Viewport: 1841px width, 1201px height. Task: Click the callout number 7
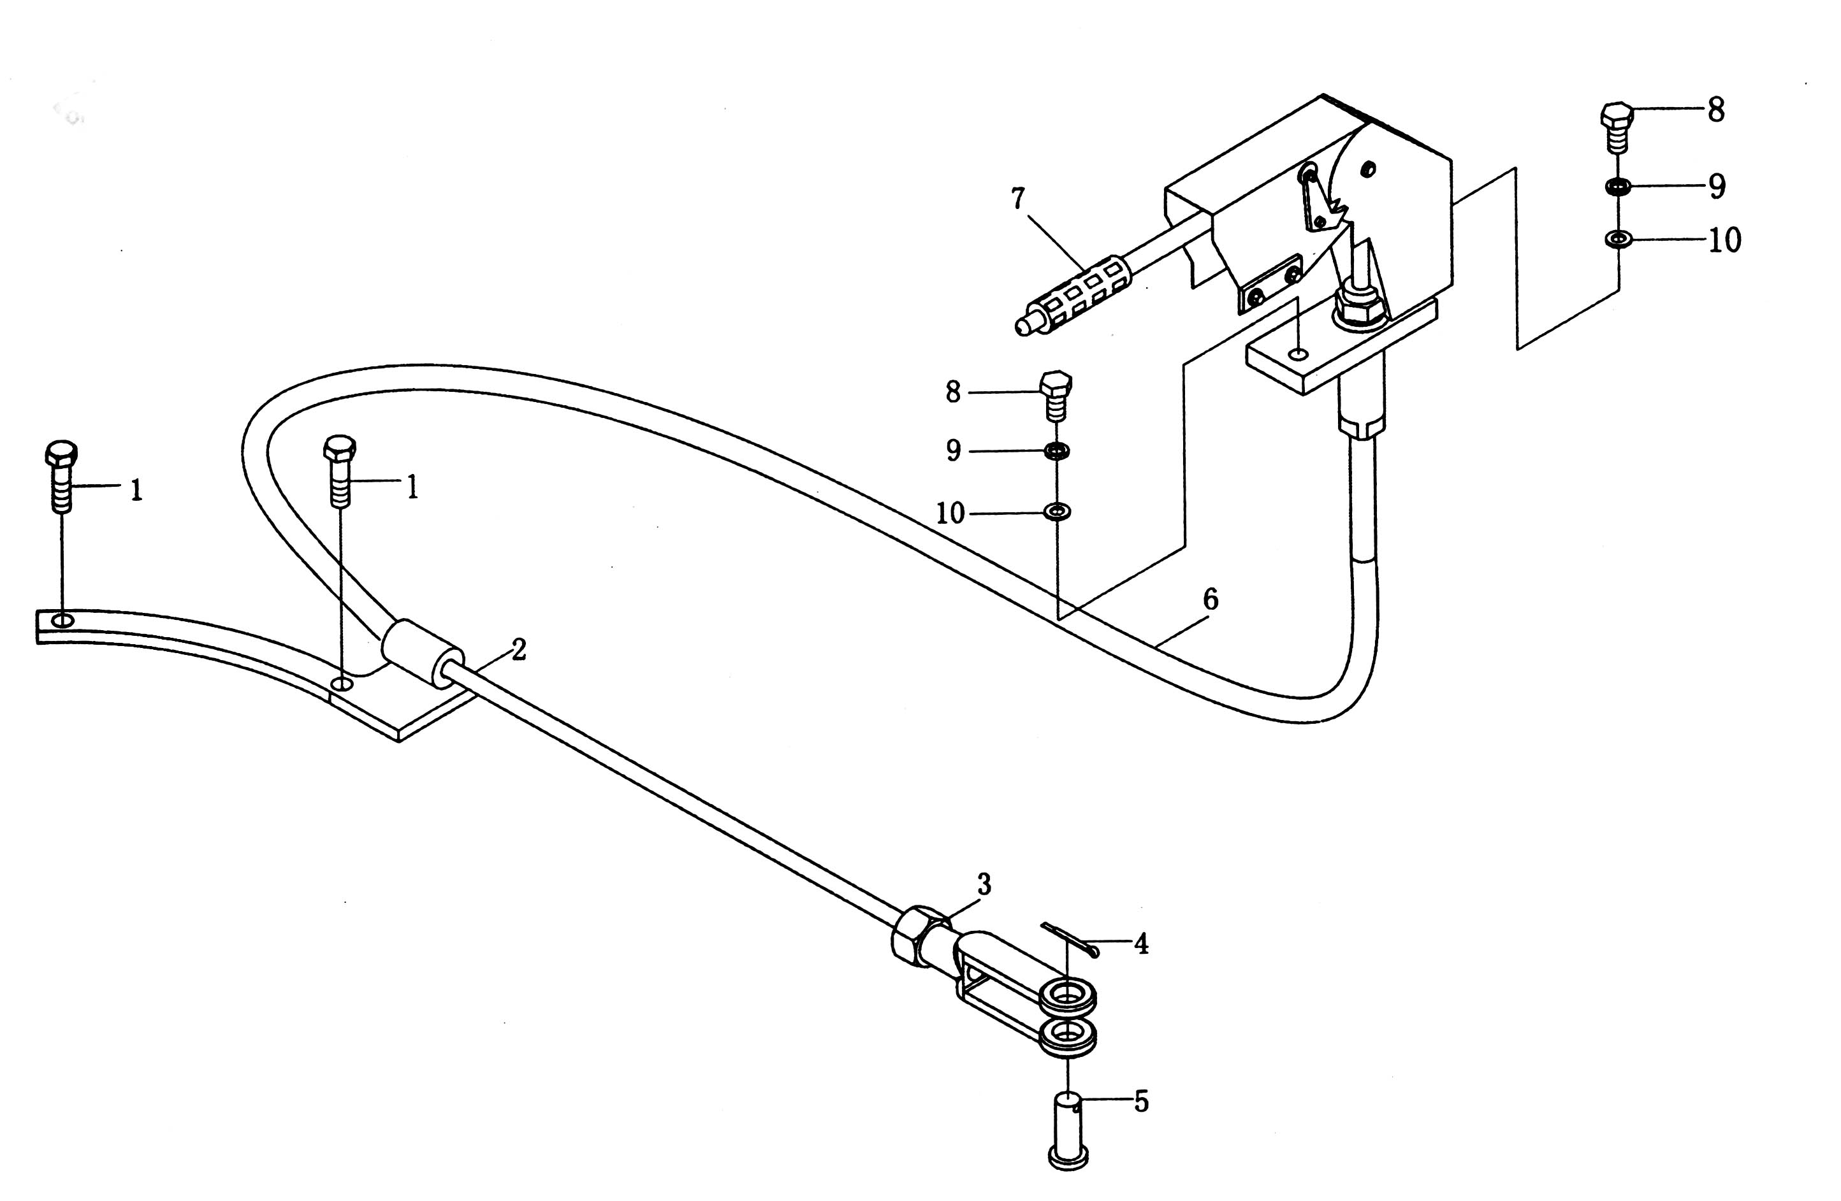click(1018, 199)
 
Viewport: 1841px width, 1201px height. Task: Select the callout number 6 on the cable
click(1211, 600)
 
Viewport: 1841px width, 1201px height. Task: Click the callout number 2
click(518, 650)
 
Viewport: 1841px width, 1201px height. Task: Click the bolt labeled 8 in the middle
click(1056, 395)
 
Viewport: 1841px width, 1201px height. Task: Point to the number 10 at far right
click(1724, 240)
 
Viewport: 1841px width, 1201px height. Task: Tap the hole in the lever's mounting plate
click(1300, 354)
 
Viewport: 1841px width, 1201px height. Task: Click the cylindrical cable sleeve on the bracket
click(421, 651)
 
